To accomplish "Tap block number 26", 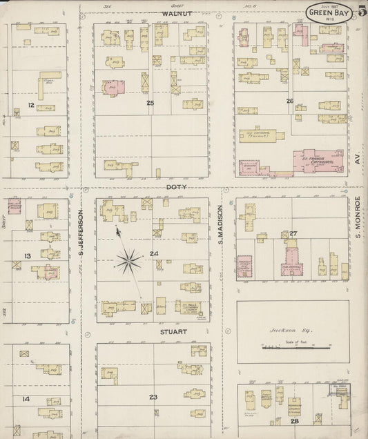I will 290,101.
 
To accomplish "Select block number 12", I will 30,105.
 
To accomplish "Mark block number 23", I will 153,396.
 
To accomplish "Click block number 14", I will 26,399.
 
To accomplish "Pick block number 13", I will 28,256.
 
